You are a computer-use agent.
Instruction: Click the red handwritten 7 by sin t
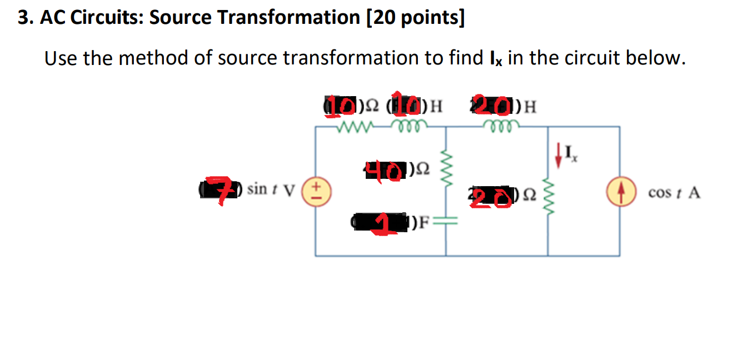point(221,190)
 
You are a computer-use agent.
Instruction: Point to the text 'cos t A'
point(674,193)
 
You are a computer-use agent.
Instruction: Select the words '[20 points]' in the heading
point(415,18)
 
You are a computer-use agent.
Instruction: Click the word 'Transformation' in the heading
point(289,18)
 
